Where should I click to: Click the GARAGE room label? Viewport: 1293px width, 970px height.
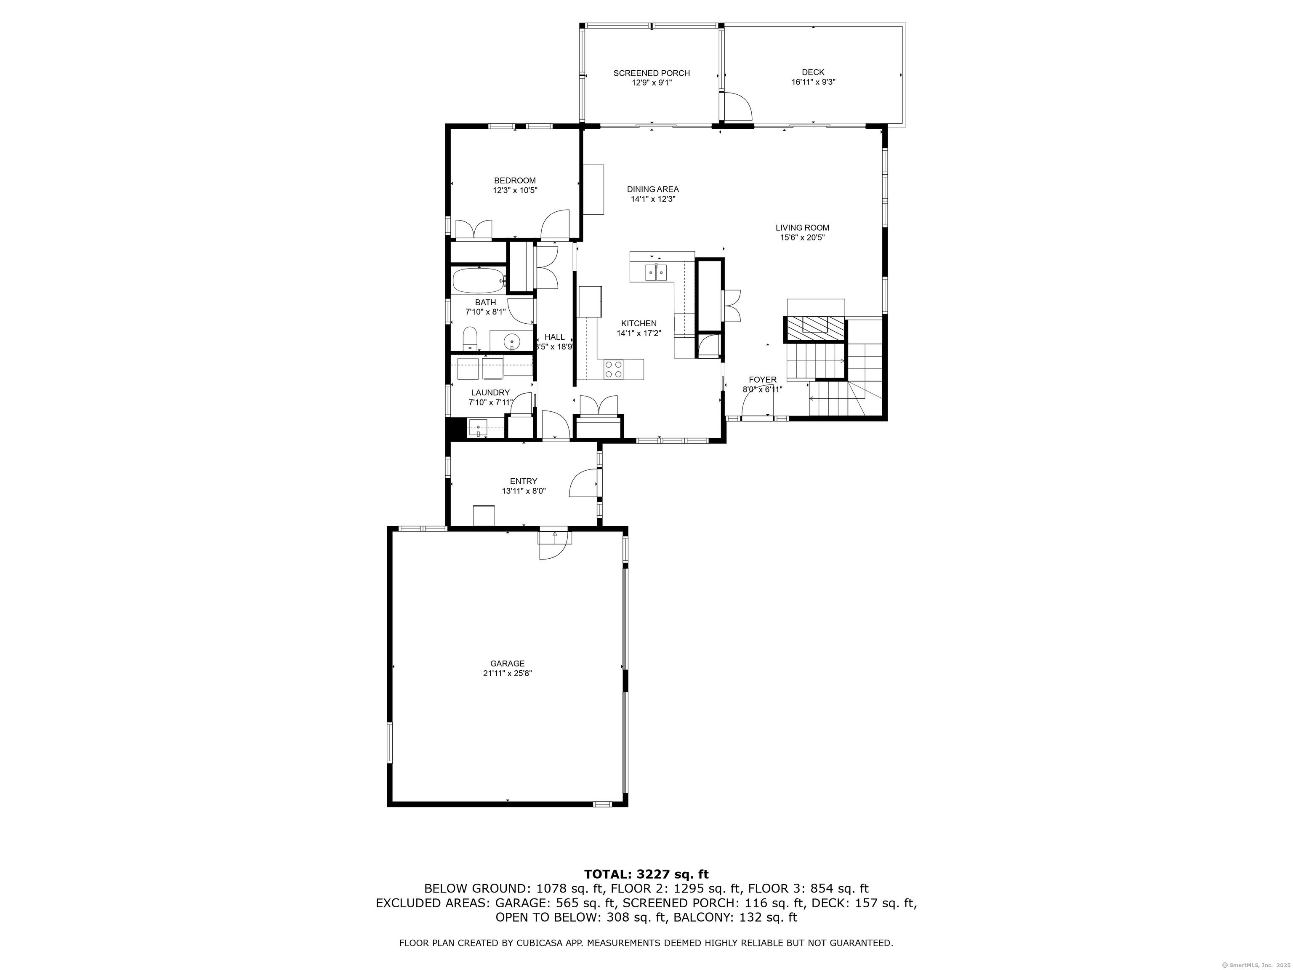[x=507, y=664]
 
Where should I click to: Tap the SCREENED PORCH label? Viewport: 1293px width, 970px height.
[x=651, y=73]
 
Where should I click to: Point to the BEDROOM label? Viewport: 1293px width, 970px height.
[x=514, y=181]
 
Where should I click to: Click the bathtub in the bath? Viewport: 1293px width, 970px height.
[x=479, y=281]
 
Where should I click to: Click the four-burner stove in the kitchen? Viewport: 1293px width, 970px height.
[x=614, y=369]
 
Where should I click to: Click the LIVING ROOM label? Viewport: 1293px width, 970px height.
[x=802, y=228]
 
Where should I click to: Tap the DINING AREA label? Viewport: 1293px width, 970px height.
[x=652, y=189]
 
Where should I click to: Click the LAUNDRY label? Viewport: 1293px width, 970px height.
[x=490, y=393]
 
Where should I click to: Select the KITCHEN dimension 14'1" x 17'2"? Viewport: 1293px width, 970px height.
[x=639, y=333]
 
